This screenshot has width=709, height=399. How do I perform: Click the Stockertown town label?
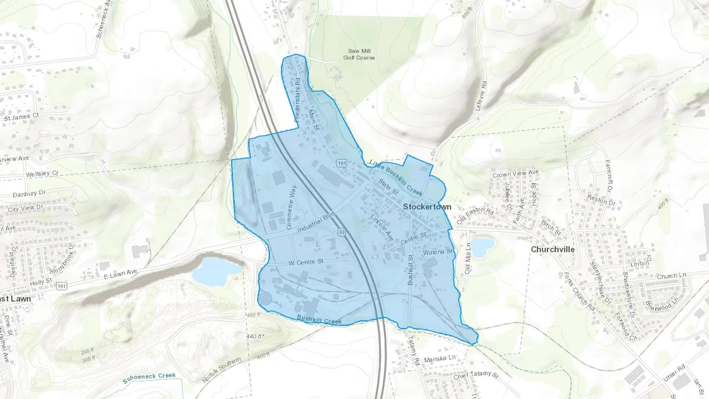coord(427,207)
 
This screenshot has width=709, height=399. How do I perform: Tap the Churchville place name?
coord(552,249)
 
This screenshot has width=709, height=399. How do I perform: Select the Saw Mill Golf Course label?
coord(359,54)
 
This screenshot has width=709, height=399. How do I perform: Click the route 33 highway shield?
coord(341,232)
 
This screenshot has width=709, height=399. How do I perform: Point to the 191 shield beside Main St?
coord(342,163)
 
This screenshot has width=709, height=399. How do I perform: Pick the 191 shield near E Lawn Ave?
coord(61,286)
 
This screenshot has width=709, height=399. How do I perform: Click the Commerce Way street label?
coord(291,207)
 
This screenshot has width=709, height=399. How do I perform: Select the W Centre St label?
coord(306,262)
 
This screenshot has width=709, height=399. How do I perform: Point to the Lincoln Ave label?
coord(382,228)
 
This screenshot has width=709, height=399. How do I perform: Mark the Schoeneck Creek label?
coord(149,378)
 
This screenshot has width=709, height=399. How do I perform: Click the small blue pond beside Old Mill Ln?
coord(482,247)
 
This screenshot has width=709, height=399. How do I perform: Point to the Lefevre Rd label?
coord(481,96)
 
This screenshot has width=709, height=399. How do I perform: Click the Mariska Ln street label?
coord(440,359)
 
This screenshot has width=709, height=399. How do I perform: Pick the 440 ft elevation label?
coord(254,336)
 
